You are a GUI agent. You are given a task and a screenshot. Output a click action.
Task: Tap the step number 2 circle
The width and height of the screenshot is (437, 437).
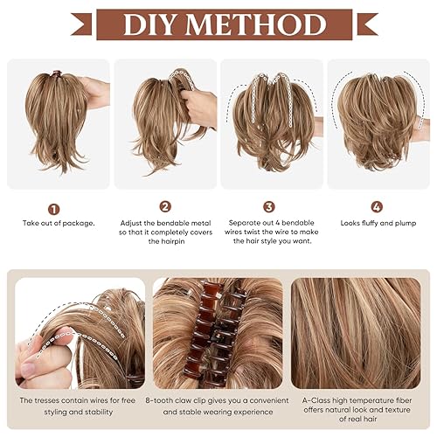pyautogui.click(x=165, y=207)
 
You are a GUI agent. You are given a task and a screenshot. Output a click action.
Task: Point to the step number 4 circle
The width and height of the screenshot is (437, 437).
pyautogui.click(x=377, y=208)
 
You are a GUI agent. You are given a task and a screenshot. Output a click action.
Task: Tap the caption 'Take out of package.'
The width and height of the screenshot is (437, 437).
pyautogui.click(x=59, y=224)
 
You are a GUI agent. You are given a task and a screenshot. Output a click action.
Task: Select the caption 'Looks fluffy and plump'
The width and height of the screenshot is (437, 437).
pyautogui.click(x=378, y=224)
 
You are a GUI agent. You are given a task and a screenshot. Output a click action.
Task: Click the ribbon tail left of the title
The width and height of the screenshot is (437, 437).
pyautogui.click(x=82, y=25)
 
